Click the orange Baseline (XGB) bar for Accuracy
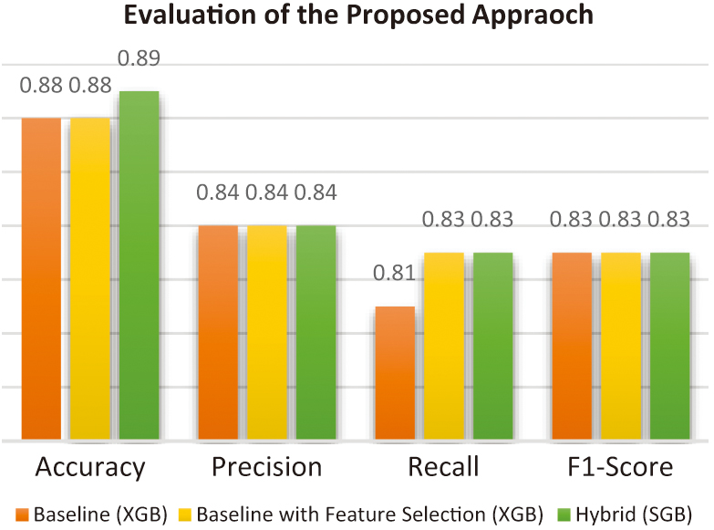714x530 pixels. click(x=41, y=278)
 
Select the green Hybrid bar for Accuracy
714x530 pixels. click(x=139, y=265)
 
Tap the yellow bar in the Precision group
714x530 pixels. click(x=267, y=332)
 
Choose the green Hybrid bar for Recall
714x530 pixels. click(x=493, y=346)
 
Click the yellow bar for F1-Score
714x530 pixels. click(x=620, y=346)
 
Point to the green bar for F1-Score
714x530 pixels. click(x=669, y=346)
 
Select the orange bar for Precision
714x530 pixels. click(x=218, y=332)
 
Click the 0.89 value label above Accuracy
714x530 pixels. click(x=139, y=60)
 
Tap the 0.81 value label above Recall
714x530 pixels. click(x=394, y=274)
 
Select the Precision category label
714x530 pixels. click(x=266, y=468)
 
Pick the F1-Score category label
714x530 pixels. click(x=619, y=468)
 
